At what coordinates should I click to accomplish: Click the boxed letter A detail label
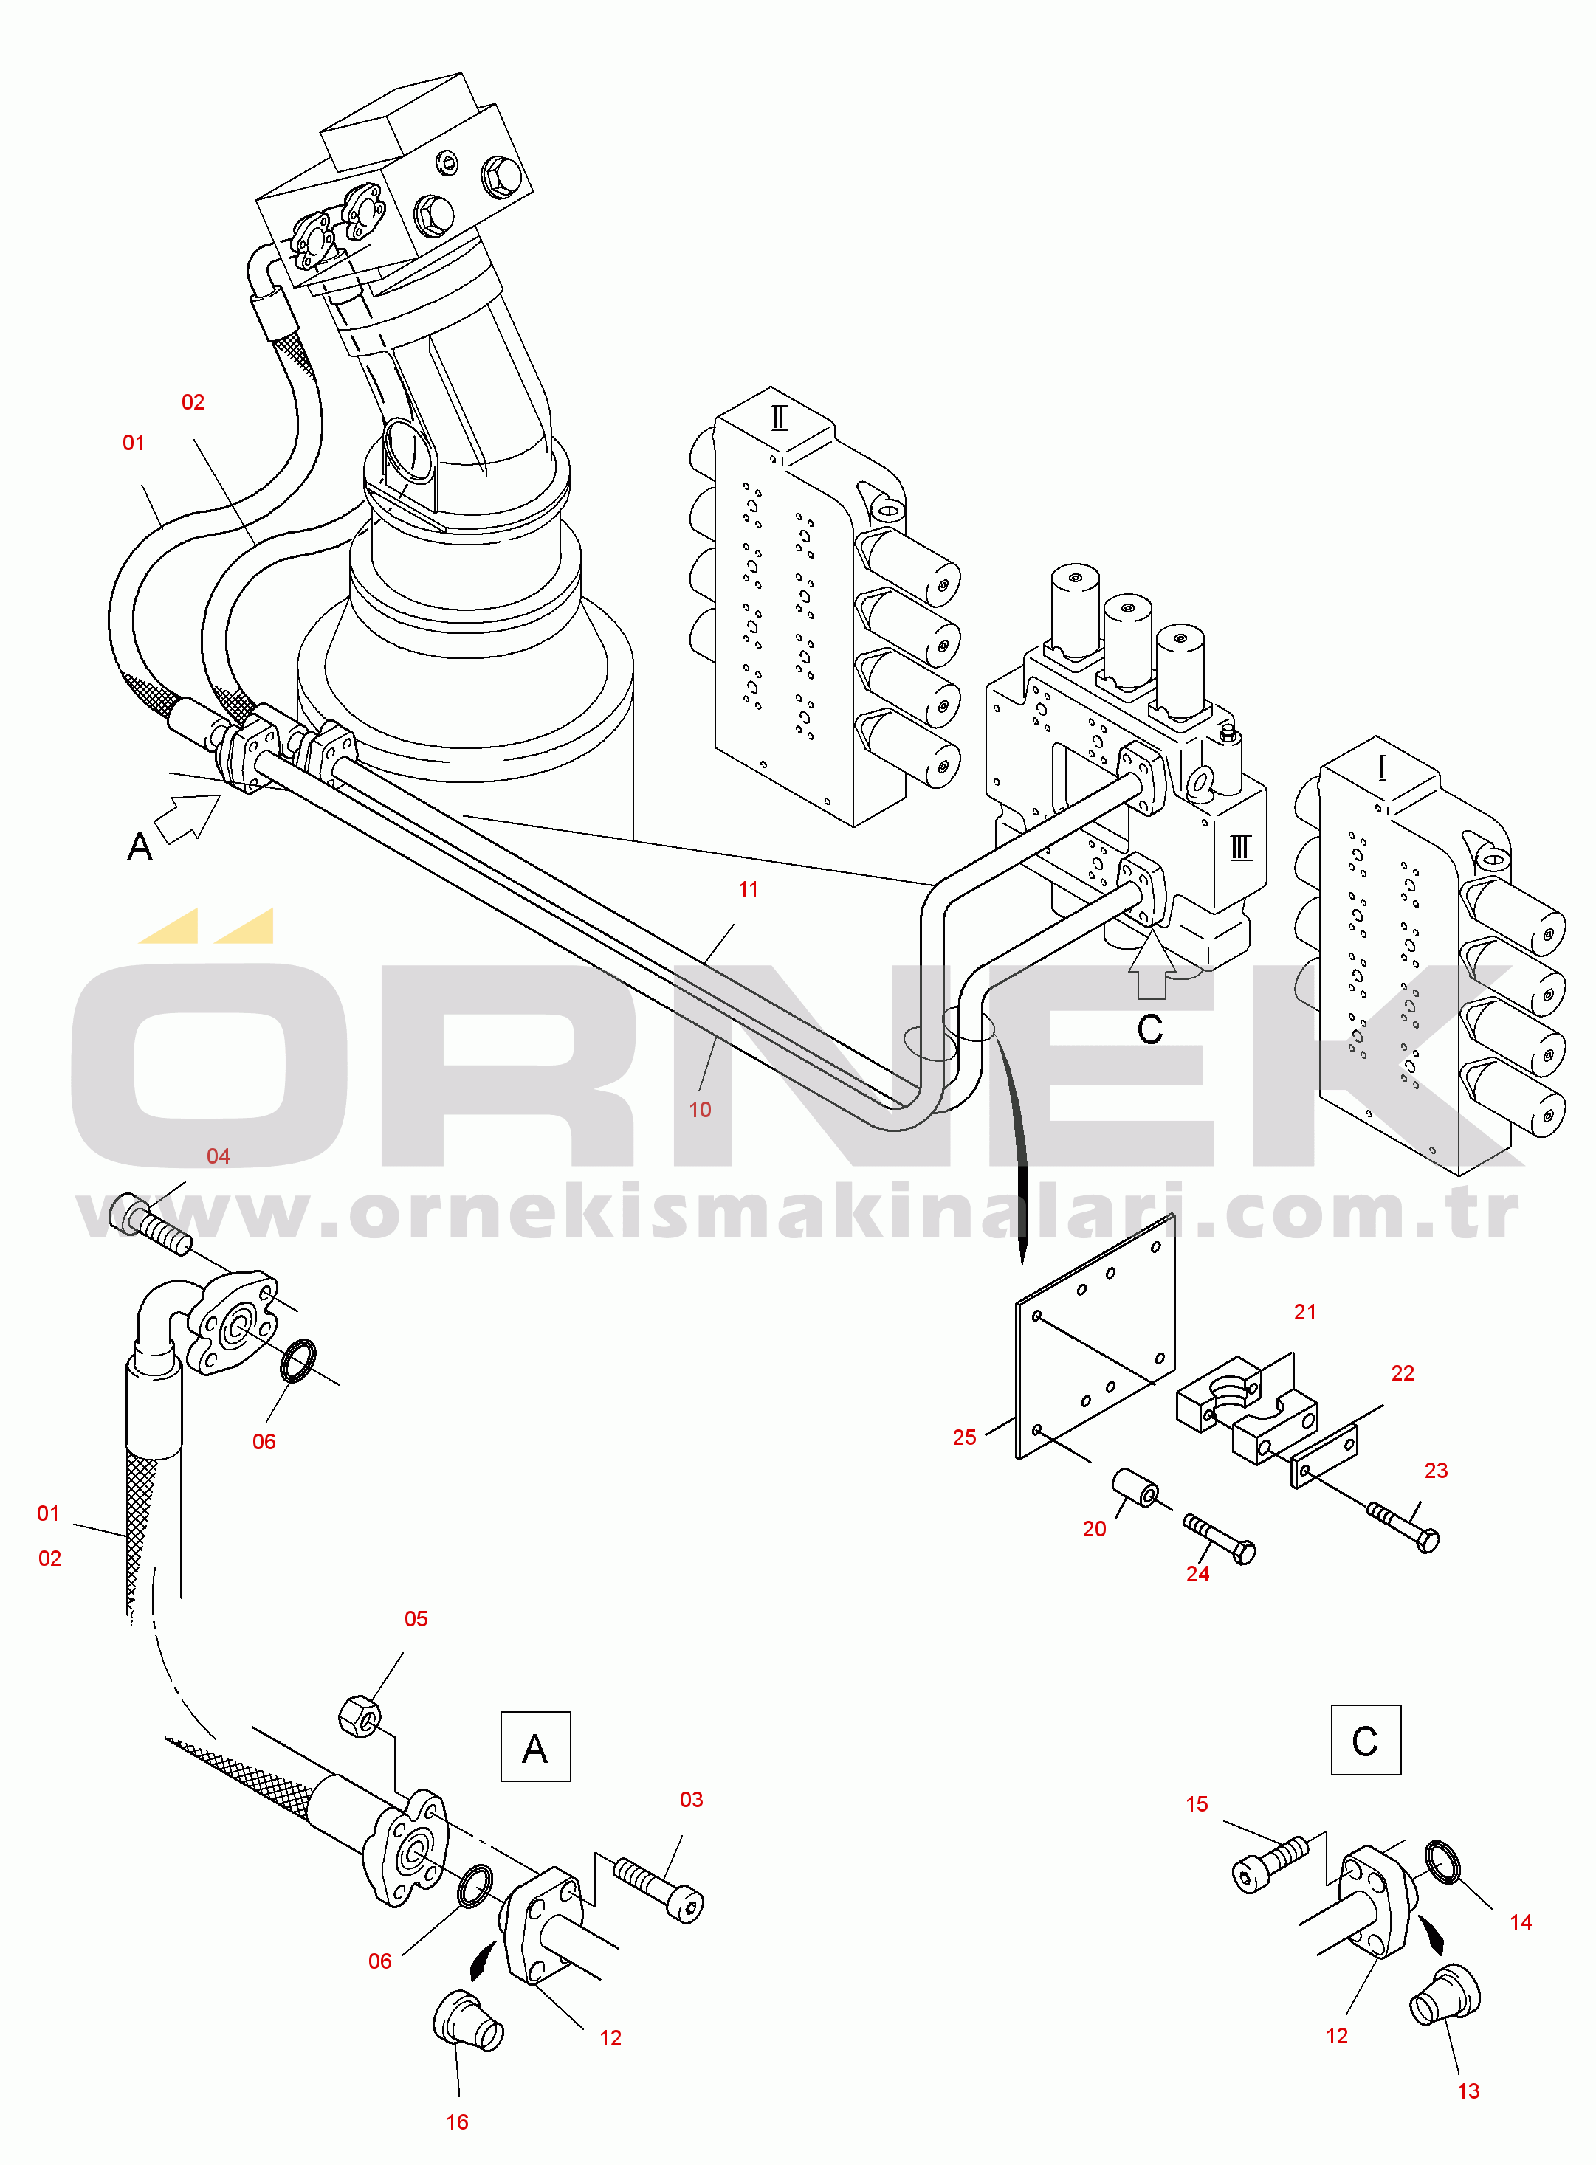click(x=535, y=1746)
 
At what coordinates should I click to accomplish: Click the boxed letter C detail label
click(x=1365, y=1739)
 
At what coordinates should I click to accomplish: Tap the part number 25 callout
click(x=964, y=1437)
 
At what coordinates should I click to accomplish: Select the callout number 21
click(x=1305, y=1311)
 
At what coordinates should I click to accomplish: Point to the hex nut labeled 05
click(x=360, y=1716)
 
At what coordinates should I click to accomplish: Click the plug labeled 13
click(x=1445, y=1995)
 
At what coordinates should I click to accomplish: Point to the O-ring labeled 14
click(x=1442, y=1861)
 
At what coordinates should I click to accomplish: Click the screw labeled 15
click(x=1270, y=1865)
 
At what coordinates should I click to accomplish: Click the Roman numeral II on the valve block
click(x=779, y=418)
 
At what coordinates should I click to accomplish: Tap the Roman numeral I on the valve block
click(x=1383, y=767)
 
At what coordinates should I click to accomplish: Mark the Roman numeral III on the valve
click(x=1240, y=848)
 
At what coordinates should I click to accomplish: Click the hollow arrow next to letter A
click(x=187, y=817)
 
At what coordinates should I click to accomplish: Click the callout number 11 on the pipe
click(x=749, y=889)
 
